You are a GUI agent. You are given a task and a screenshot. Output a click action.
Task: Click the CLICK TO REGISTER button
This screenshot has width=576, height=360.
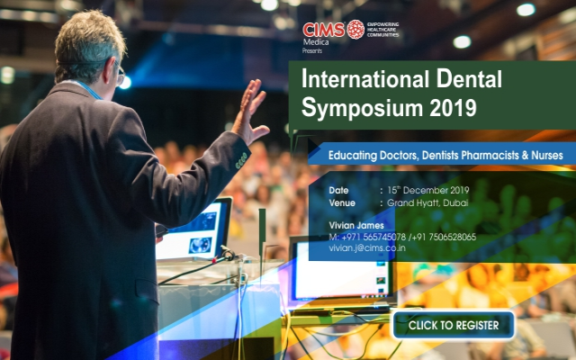(x=453, y=325)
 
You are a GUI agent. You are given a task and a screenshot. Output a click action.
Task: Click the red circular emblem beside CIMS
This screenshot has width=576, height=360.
(x=355, y=29)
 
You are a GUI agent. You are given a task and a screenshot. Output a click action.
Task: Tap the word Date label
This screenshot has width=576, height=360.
(x=339, y=190)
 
